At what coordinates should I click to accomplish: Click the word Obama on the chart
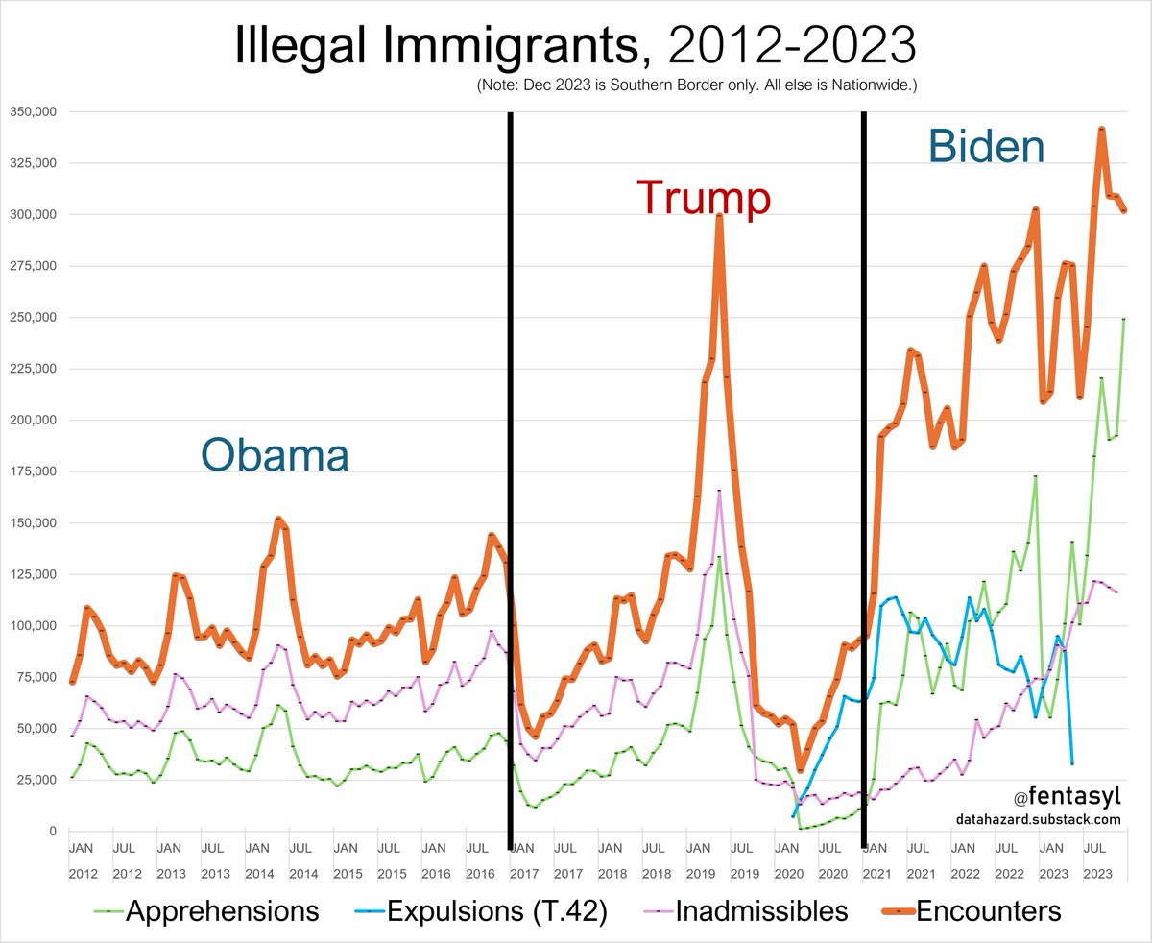[x=275, y=454]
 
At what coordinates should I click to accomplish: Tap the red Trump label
[x=704, y=198]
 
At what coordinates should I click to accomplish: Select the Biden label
[x=986, y=147]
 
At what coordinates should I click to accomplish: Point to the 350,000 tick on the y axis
[x=34, y=111]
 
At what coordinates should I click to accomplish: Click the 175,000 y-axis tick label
[x=34, y=471]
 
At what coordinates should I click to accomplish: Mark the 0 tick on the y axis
[x=53, y=832]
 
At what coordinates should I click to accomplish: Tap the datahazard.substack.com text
[x=1038, y=819]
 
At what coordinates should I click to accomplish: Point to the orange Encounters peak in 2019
[x=719, y=216]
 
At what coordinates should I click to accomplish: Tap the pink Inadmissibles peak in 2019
[x=719, y=492]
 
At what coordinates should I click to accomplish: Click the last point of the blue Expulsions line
[x=1071, y=763]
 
